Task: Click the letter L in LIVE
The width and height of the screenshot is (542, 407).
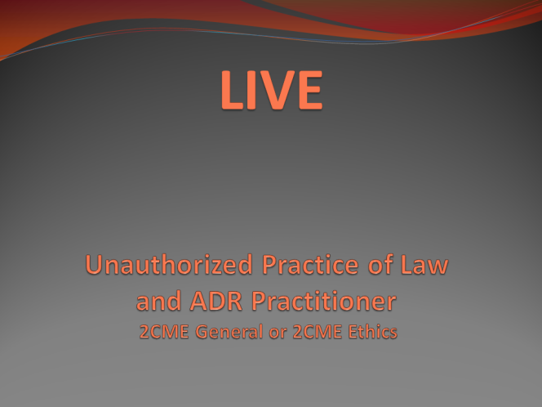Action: point(232,90)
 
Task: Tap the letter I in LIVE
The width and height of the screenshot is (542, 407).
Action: point(251,90)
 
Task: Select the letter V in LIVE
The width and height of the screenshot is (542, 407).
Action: point(276,90)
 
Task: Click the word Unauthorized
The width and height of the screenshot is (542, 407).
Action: point(169,265)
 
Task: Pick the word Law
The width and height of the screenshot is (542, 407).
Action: point(424,265)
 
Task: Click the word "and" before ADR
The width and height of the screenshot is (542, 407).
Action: point(158,301)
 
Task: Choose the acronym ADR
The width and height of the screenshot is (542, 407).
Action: point(216,301)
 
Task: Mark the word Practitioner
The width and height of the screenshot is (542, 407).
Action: point(324,301)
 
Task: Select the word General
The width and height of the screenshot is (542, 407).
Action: point(229,332)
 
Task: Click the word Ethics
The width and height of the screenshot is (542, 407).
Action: point(372,331)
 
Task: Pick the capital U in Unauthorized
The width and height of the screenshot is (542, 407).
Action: point(94,265)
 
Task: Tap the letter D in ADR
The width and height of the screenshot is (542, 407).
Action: point(217,301)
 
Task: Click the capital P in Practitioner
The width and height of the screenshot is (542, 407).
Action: point(259,301)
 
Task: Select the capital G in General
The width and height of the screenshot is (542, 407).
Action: point(202,332)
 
